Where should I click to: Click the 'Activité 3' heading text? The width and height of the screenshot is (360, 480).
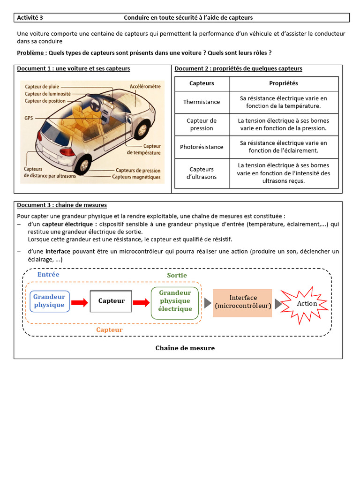[x=30, y=18]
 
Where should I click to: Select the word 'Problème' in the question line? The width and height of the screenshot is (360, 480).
[x=31, y=53]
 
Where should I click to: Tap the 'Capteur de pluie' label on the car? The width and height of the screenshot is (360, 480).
[x=42, y=87]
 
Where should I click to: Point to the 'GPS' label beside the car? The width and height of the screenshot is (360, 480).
[x=29, y=119]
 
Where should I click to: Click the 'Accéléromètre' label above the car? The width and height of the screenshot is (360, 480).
[x=145, y=87]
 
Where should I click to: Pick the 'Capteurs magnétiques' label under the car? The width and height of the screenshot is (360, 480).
[x=136, y=177]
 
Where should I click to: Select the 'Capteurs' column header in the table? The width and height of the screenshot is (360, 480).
[x=202, y=83]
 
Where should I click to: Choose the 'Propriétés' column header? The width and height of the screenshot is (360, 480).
[x=283, y=83]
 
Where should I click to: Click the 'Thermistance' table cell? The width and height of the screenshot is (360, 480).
[x=202, y=102]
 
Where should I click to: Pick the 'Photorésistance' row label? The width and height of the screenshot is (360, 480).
[x=202, y=147]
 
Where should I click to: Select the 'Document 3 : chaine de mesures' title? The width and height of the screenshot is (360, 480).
[x=62, y=205]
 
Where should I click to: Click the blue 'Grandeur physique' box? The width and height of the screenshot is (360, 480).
[x=49, y=301]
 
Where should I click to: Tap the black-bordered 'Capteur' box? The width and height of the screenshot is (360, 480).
[x=111, y=301]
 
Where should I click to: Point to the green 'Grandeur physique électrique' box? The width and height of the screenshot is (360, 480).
[x=175, y=301]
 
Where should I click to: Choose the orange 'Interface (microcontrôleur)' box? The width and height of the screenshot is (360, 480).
[x=242, y=302]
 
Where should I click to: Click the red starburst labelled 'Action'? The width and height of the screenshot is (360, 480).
[x=305, y=303]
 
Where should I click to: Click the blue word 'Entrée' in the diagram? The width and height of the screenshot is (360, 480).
[x=48, y=274]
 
